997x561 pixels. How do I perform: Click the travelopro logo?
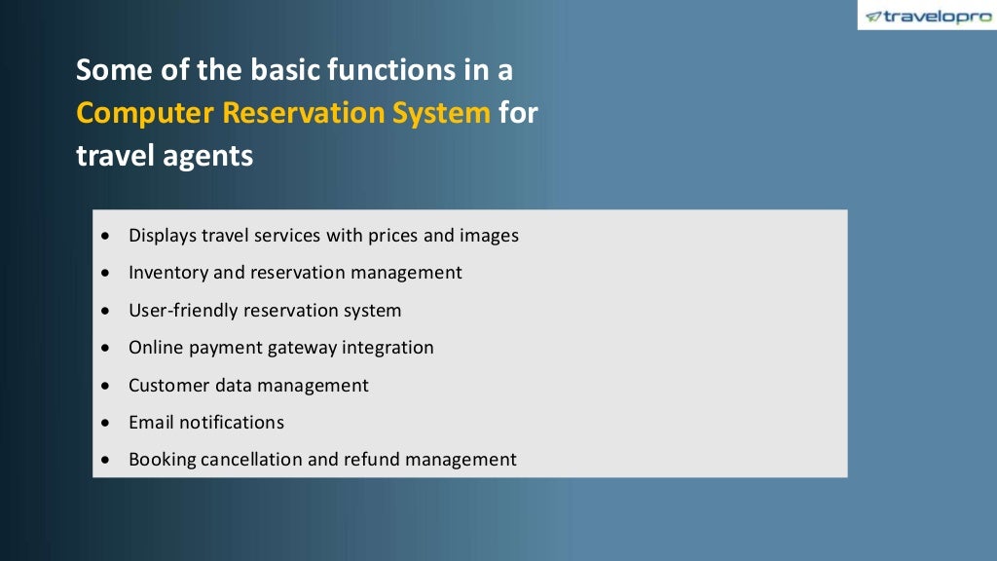click(929, 16)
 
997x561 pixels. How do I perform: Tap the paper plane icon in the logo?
click(873, 17)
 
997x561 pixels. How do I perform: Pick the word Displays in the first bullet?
click(162, 236)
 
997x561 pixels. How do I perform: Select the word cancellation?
click(251, 460)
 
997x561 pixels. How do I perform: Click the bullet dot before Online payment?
click(106, 348)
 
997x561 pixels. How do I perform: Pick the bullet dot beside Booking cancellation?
click(106, 460)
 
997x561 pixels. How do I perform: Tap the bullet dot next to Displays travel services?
click(106, 236)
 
